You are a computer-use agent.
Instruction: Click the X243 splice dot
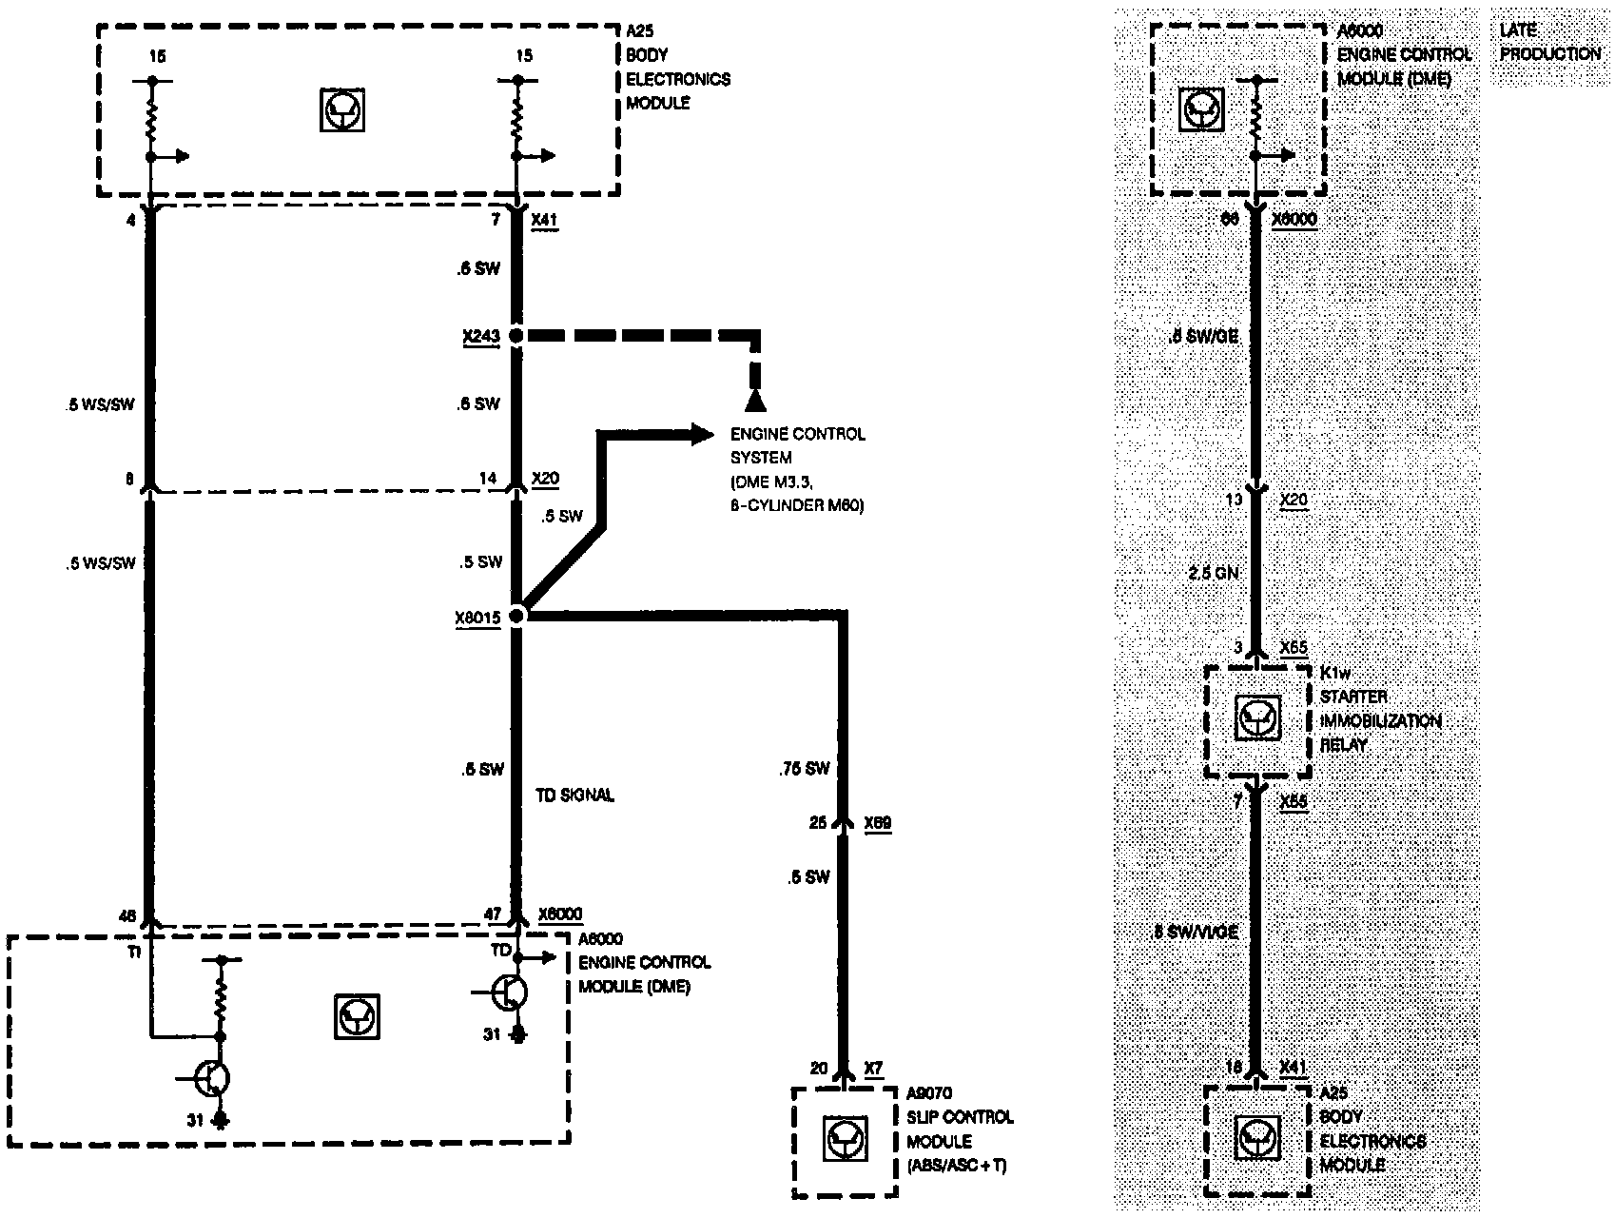(516, 336)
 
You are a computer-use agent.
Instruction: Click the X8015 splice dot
(516, 616)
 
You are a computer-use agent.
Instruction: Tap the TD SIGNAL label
(574, 795)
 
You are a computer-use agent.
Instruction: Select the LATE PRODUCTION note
(1549, 43)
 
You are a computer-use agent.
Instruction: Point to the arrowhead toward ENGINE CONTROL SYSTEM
(703, 435)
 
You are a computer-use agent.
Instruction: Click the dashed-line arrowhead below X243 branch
(755, 400)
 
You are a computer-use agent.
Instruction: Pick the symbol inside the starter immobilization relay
(1257, 718)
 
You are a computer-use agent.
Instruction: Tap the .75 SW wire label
(805, 769)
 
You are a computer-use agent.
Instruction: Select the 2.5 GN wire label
(1214, 573)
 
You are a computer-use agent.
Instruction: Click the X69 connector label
(877, 822)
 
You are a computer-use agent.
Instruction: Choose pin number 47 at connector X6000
(492, 914)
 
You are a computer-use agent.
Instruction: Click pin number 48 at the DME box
(127, 917)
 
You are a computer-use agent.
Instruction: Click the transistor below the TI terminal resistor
(213, 1078)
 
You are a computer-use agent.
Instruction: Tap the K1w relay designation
(1334, 674)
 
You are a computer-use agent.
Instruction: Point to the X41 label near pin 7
(544, 220)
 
